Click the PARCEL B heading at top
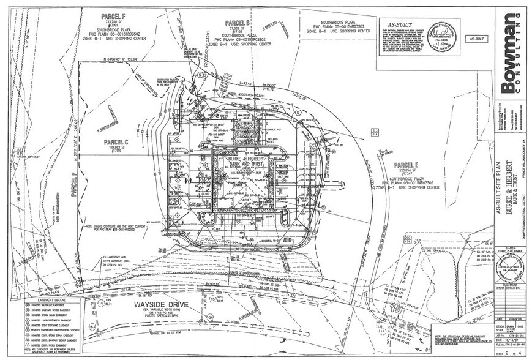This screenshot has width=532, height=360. point(239,23)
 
